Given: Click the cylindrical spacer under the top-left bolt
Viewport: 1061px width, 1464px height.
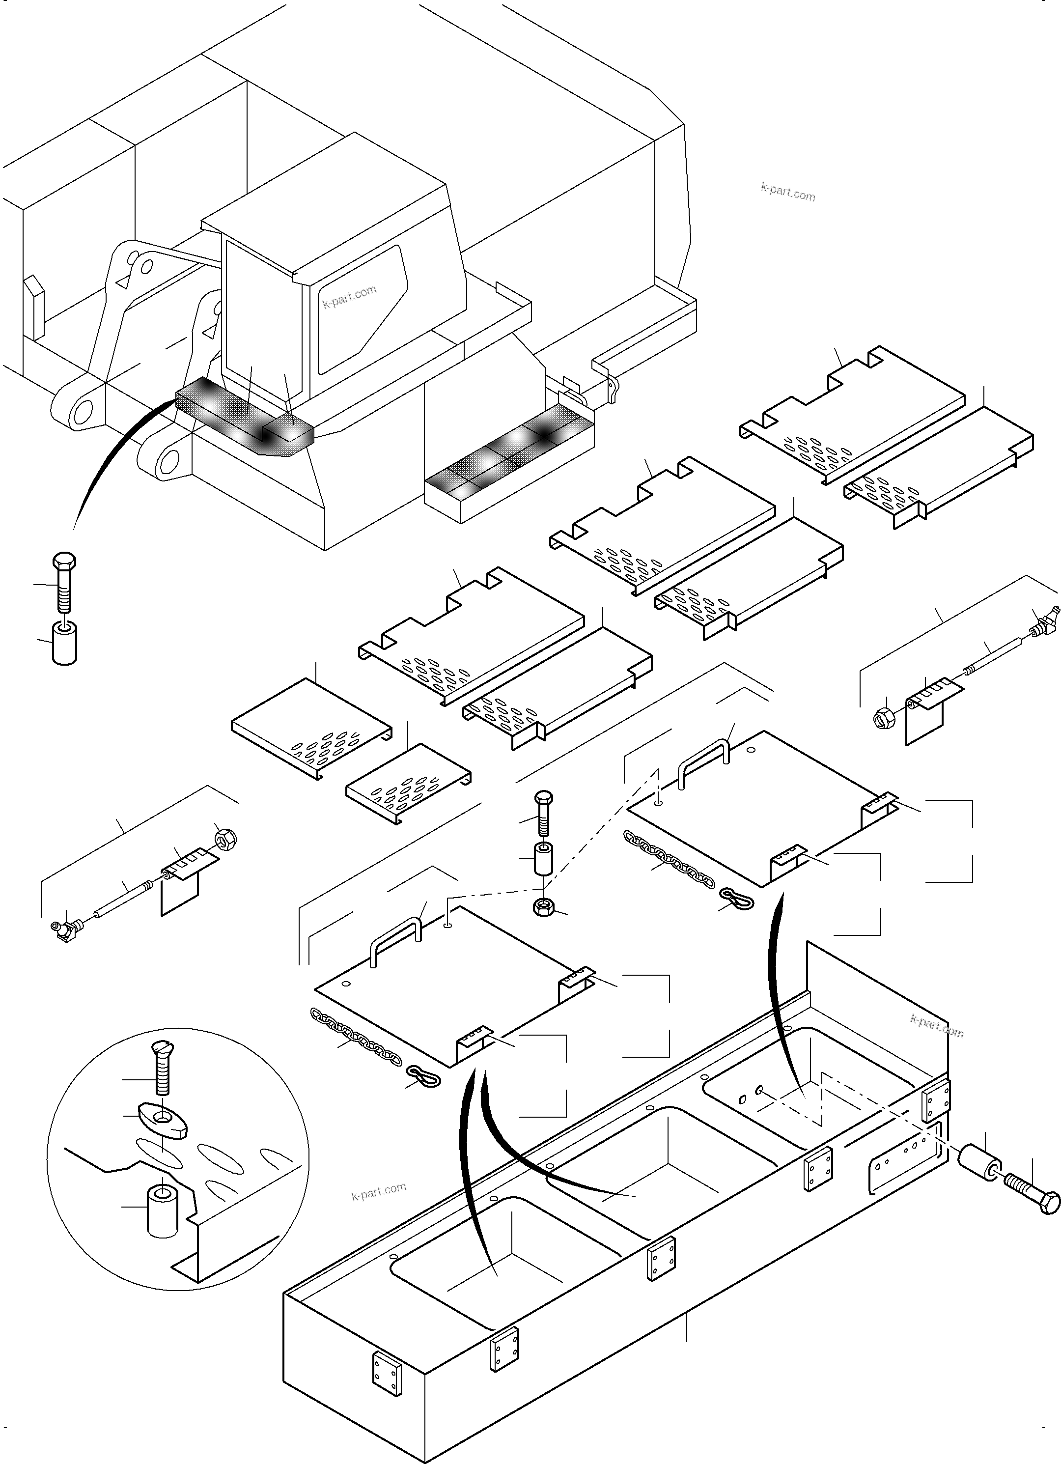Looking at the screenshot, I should pyautogui.click(x=64, y=642).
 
